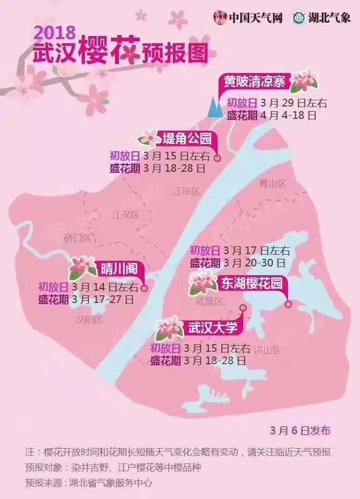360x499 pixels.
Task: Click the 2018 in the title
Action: tap(55, 32)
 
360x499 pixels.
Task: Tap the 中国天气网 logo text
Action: tap(255, 17)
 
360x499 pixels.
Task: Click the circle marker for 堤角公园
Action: tap(217, 158)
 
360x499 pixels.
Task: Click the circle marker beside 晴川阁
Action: tap(145, 288)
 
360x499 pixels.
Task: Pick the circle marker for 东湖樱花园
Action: tap(288, 304)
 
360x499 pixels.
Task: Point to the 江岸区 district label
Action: tap(186, 191)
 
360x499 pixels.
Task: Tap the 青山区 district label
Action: tap(272, 183)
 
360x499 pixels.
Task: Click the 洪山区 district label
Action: tap(267, 350)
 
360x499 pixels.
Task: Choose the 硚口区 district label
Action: tap(78, 238)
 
